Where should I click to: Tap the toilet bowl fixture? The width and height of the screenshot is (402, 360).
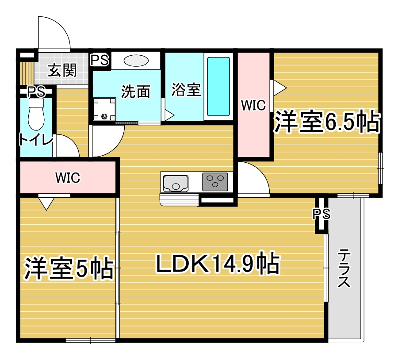[36, 115]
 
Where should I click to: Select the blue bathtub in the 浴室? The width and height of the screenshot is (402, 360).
[218, 87]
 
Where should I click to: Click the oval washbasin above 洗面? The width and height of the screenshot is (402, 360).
[136, 61]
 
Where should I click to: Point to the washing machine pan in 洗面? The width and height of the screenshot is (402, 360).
[104, 109]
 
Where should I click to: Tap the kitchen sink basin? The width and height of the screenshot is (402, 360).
[176, 183]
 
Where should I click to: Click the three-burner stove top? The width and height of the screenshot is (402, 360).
[215, 182]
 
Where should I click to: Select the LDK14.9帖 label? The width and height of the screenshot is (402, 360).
[218, 263]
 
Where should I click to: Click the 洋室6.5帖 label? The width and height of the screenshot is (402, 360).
[326, 122]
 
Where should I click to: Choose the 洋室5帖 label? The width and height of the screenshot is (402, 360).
[69, 268]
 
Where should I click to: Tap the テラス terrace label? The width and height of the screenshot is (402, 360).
[344, 268]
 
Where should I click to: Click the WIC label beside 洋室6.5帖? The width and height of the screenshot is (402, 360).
[253, 105]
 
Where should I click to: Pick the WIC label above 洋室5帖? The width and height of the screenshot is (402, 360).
[68, 177]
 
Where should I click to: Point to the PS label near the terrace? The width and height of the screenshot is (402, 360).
[322, 214]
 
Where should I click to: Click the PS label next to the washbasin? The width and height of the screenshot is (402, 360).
[100, 61]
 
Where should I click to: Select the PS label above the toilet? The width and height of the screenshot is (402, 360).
[36, 92]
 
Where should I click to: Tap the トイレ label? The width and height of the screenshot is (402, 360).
[36, 140]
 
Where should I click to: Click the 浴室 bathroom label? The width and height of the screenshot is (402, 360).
[186, 90]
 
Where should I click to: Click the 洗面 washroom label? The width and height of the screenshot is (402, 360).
[136, 92]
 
